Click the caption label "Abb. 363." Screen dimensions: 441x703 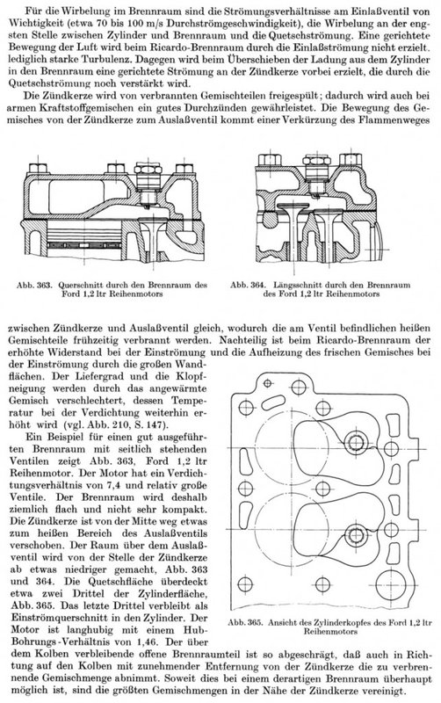point(35,285)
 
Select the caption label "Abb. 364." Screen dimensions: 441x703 point(249,285)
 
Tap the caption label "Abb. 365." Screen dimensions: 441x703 point(246,623)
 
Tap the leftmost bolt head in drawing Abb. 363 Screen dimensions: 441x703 point(38,169)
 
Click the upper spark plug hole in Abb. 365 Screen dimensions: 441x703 point(357,443)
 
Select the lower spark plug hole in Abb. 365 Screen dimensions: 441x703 point(357,535)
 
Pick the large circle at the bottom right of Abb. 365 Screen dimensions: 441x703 point(390,585)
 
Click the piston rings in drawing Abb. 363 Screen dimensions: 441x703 point(85,246)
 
